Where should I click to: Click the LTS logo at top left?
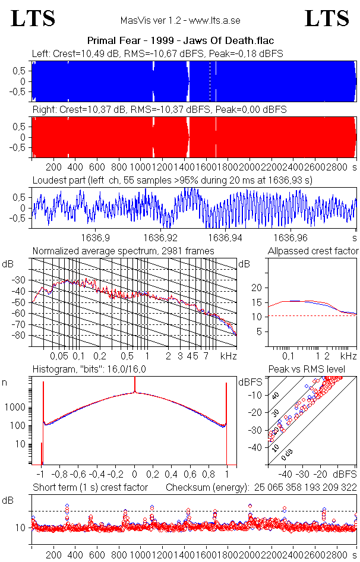33,18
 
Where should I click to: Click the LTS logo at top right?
327,18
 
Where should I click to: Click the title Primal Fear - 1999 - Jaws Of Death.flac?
180,41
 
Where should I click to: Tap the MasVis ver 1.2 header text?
180,20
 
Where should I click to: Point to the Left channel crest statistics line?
157,53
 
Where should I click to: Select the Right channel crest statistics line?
159,110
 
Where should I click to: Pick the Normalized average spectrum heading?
123,251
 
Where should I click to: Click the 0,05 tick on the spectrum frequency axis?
59,356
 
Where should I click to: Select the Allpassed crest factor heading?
313,251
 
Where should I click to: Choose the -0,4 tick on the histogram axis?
97,475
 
